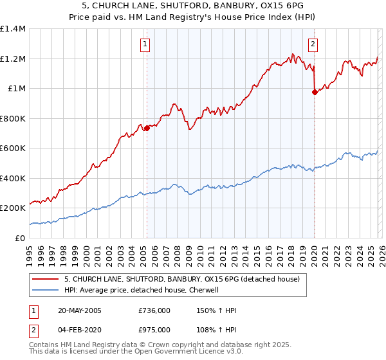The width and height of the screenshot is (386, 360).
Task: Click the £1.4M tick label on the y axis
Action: click(x=13, y=29)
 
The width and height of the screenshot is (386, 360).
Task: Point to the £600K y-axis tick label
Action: click(x=13, y=148)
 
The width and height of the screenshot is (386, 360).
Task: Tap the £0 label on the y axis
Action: click(x=19, y=238)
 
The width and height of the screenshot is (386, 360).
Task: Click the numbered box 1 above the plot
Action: click(x=145, y=44)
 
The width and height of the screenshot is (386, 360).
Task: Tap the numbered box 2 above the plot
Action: click(x=313, y=44)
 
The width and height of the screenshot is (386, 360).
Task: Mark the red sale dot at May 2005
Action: click(x=147, y=128)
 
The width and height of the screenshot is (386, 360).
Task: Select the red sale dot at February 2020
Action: click(x=315, y=93)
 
